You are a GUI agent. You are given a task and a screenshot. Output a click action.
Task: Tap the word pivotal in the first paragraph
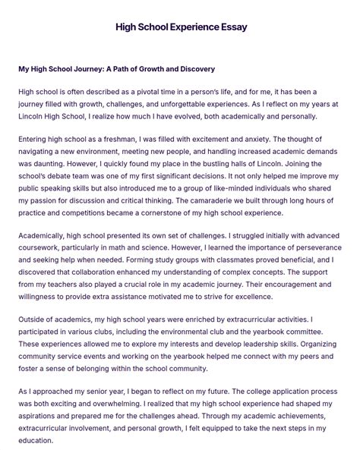point(155,91)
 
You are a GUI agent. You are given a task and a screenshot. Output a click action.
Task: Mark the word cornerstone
point(189,213)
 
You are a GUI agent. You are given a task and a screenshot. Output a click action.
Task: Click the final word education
point(36,440)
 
